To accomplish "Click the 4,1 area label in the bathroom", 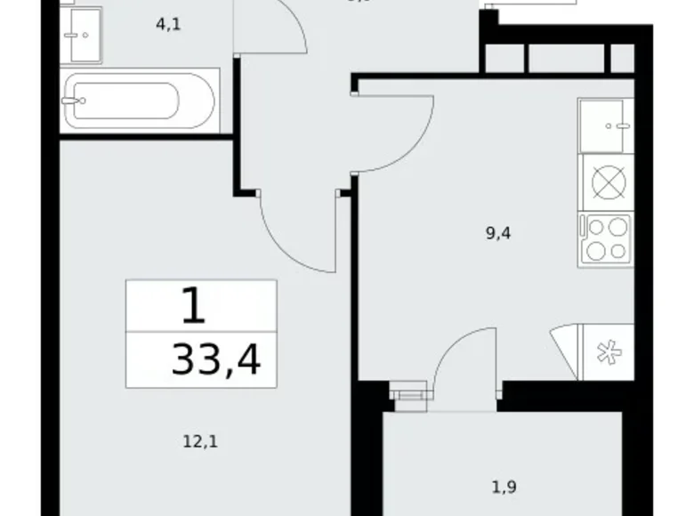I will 168,25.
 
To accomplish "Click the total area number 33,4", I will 217,361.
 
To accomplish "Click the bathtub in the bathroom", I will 140,101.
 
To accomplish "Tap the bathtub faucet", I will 69,101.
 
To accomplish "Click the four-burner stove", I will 605,238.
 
